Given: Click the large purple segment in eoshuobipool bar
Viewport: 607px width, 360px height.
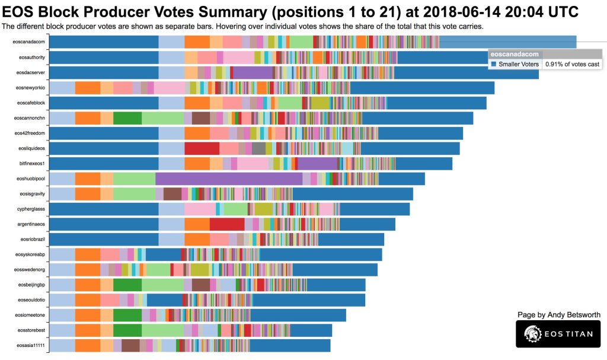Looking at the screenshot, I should [x=228, y=179].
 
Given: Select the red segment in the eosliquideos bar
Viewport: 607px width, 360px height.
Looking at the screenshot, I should [x=202, y=148].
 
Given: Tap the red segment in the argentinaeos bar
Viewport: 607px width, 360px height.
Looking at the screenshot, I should [x=227, y=224].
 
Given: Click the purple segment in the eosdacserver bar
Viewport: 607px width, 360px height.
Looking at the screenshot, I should [x=253, y=72].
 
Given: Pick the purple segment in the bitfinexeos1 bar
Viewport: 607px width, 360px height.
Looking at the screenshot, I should [x=317, y=163].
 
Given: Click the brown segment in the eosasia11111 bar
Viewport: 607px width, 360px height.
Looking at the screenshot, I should [x=130, y=345].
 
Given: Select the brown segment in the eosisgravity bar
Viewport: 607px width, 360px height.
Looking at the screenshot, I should [x=172, y=194].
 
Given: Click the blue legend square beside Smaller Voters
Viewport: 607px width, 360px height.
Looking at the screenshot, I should [x=493, y=64].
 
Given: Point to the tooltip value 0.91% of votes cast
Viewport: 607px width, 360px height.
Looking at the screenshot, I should [x=572, y=64].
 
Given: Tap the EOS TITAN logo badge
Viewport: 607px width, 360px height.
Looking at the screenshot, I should [x=558, y=334].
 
